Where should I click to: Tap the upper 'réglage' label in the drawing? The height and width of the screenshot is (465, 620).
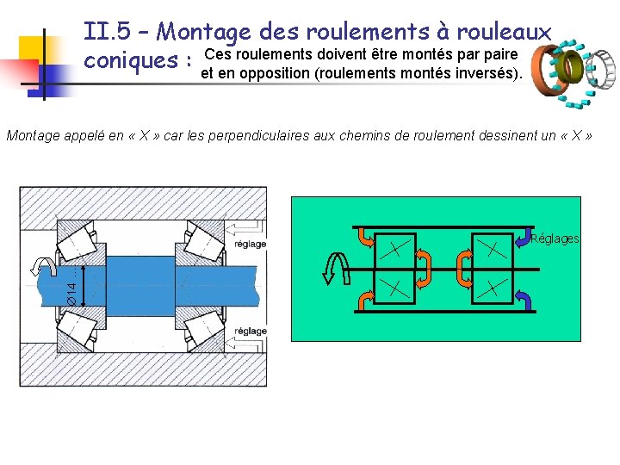[x=250, y=244]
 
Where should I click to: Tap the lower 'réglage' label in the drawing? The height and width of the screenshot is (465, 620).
[x=250, y=331]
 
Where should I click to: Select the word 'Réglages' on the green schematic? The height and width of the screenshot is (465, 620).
[x=555, y=239]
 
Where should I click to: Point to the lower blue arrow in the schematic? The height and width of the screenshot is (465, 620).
[x=524, y=298]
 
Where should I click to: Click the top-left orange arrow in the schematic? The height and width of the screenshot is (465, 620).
[x=364, y=238]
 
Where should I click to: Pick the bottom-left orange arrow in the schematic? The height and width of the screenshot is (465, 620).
[x=364, y=298]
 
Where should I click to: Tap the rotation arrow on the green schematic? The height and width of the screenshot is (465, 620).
[x=333, y=269]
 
